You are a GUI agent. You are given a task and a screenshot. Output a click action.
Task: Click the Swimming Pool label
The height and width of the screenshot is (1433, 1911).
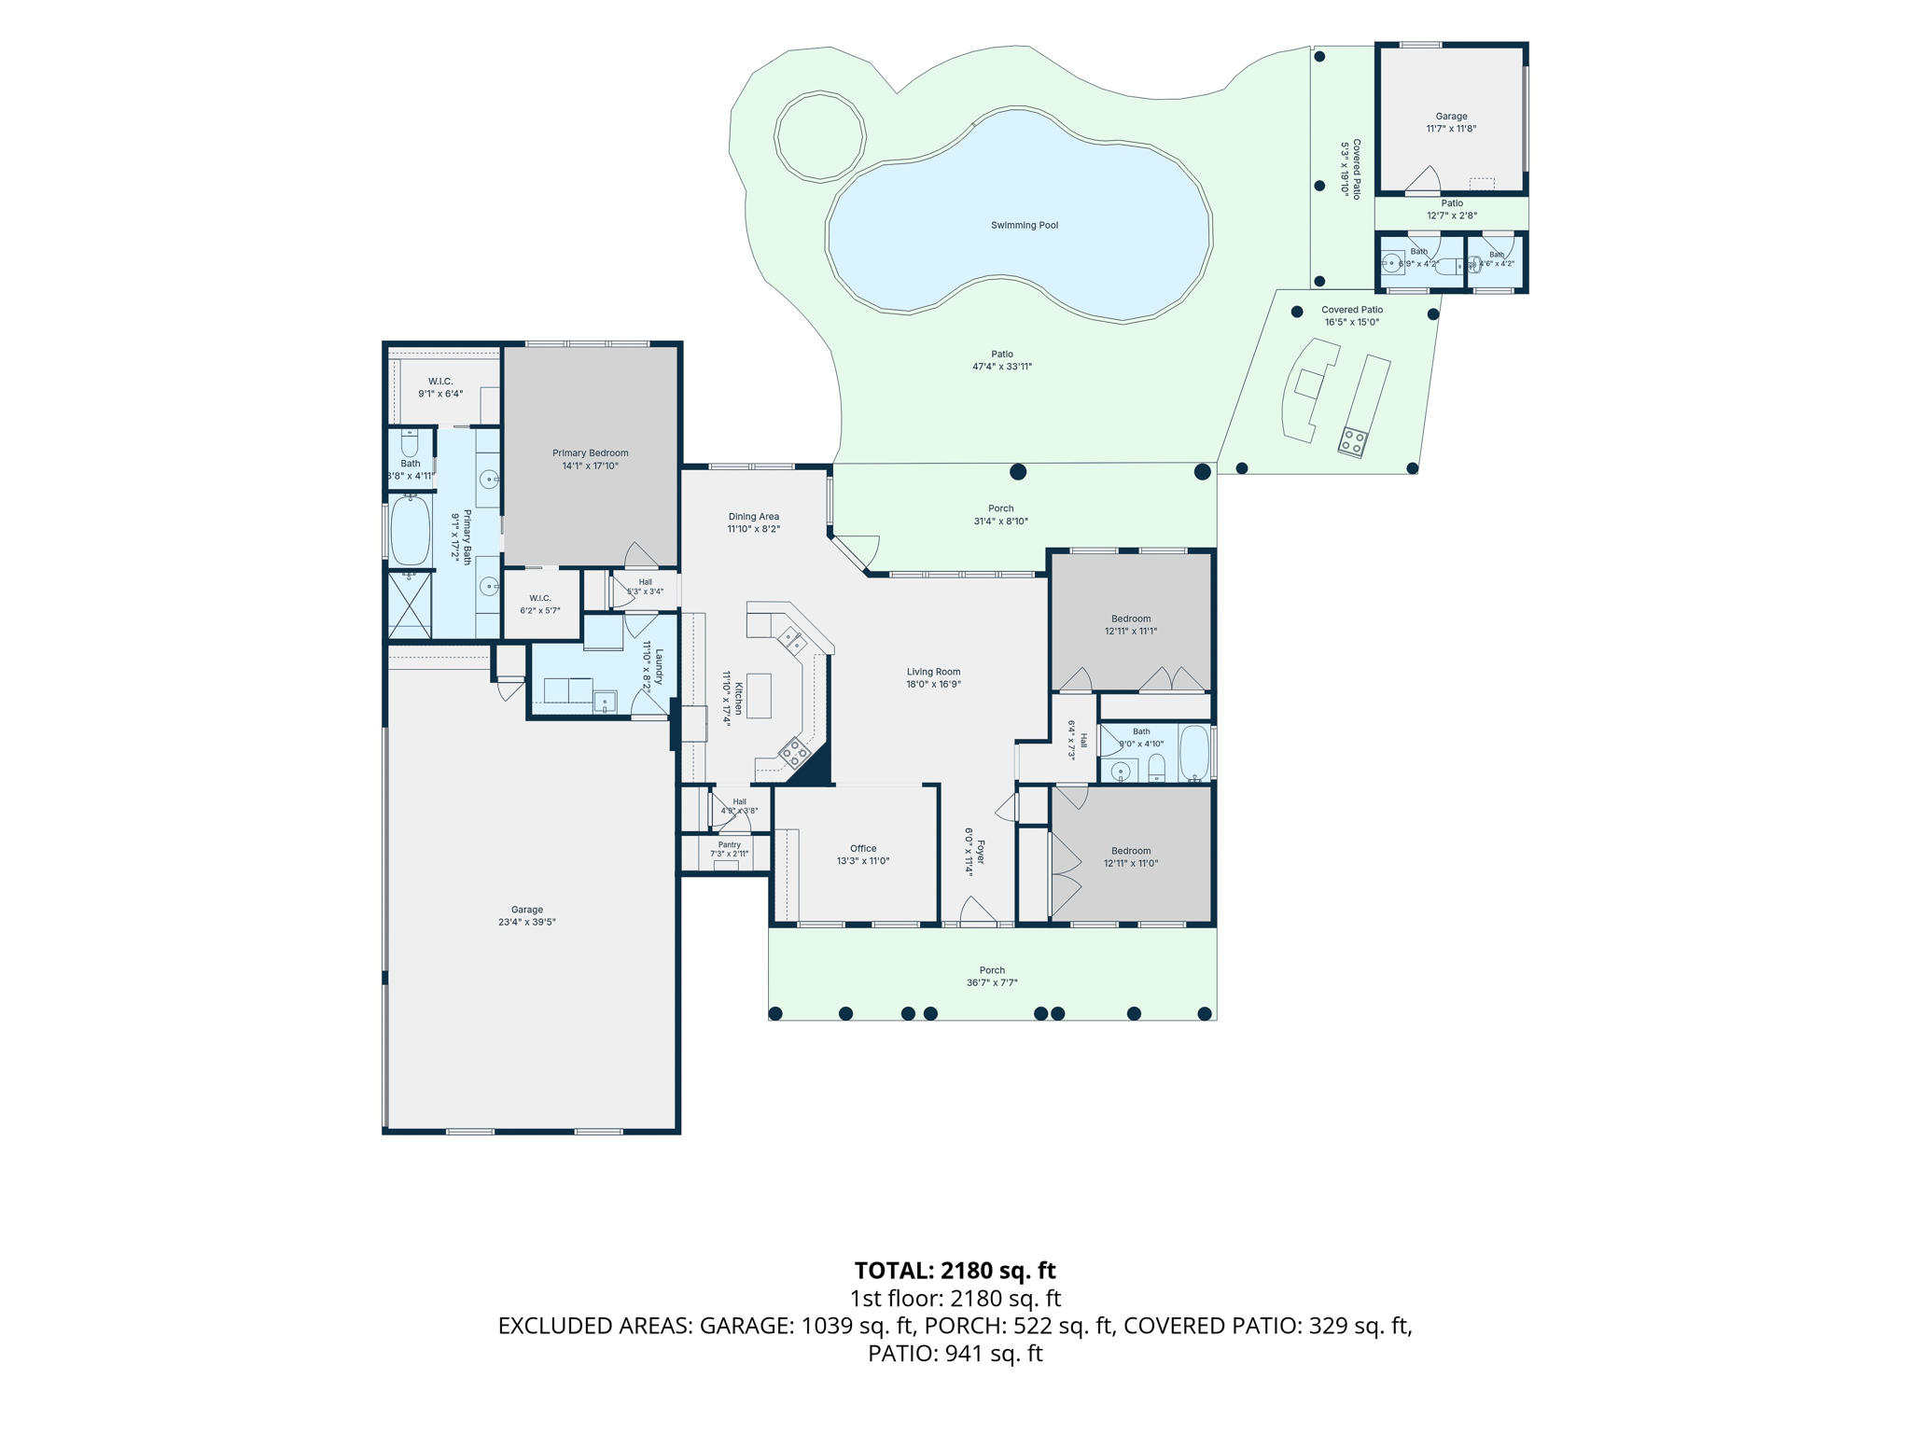pyautogui.click(x=1024, y=225)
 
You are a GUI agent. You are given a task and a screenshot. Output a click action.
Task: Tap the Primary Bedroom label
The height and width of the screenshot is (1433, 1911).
pyautogui.click(x=590, y=453)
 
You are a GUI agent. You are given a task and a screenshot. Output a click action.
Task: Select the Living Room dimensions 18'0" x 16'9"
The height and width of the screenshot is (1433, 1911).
pyautogui.click(x=933, y=684)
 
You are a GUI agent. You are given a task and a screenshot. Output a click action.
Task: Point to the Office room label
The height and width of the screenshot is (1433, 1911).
pyautogui.click(x=863, y=849)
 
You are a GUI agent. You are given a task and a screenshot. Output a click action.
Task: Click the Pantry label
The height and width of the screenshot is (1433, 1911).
pyautogui.click(x=729, y=845)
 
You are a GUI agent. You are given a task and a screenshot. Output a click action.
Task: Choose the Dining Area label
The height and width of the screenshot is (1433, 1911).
pyautogui.click(x=754, y=517)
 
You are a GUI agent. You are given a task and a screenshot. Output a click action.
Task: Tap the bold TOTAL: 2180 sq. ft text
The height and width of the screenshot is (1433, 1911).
pyautogui.click(x=955, y=1271)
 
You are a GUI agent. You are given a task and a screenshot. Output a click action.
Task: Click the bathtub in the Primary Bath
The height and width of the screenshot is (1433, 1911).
pyautogui.click(x=410, y=531)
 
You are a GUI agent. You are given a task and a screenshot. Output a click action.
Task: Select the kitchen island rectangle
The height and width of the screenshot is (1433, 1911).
pyautogui.click(x=759, y=695)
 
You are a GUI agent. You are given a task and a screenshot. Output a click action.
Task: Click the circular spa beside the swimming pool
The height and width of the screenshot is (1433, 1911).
pyautogui.click(x=820, y=136)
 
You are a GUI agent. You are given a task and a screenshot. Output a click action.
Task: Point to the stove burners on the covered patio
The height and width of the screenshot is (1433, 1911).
pyautogui.click(x=1352, y=441)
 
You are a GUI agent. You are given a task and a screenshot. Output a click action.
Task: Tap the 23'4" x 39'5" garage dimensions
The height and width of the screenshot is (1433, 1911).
pyautogui.click(x=527, y=923)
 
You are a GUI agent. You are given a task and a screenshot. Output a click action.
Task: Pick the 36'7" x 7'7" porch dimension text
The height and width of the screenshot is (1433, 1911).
pyautogui.click(x=992, y=982)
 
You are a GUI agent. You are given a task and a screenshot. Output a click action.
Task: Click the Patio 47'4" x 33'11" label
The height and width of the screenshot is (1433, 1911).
pyautogui.click(x=1002, y=360)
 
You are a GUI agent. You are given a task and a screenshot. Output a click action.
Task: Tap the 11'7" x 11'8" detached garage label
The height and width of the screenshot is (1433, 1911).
pyautogui.click(x=1451, y=129)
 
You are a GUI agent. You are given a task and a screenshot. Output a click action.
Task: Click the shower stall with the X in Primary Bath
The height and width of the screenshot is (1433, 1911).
pyautogui.click(x=410, y=605)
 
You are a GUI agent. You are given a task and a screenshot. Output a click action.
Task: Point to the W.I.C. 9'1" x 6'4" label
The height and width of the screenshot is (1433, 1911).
pyautogui.click(x=440, y=387)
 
